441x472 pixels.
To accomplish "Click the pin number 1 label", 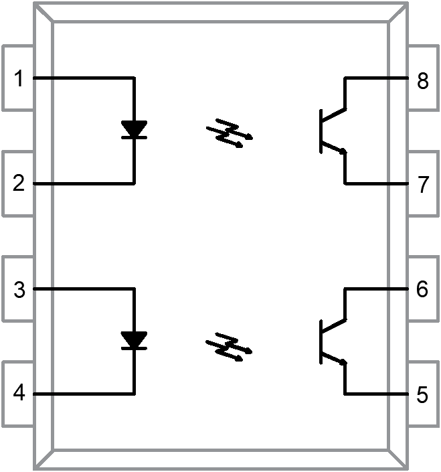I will pos(19,79).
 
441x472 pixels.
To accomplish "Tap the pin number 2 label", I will pos(19,183).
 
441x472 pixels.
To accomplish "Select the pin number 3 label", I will pos(19,290).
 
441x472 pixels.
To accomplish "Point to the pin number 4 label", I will pos(19,394).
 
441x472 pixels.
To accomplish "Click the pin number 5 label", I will pos(422,395).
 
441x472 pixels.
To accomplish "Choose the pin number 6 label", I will pos(422,290).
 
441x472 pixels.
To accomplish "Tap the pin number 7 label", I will pos(422,185).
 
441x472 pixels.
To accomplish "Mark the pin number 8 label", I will pos(422,82).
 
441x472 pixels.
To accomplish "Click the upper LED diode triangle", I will pos(135,129).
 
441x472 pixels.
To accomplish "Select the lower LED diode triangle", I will pos(135,339).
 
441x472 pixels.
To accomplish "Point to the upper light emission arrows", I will pos(230,134).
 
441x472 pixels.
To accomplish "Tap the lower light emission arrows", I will pos(230,345).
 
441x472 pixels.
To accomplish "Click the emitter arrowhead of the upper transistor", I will pos(342,151).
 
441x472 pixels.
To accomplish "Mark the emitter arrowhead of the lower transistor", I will pos(342,362).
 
